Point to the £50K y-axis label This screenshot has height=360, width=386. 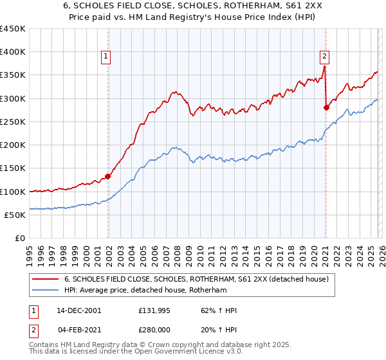pyautogui.click(x=15, y=215)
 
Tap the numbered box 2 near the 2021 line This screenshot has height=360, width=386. pyautogui.click(x=325, y=56)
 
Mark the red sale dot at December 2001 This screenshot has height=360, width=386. pyautogui.click(x=108, y=176)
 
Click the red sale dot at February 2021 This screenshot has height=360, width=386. pyautogui.click(x=326, y=107)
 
